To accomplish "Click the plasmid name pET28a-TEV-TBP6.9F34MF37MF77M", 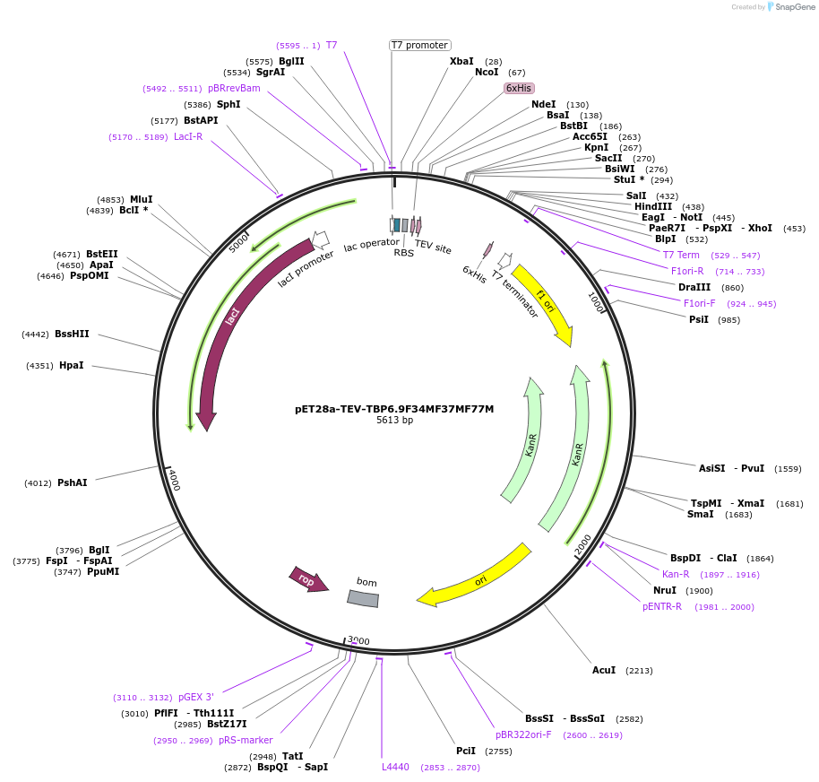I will [394, 408].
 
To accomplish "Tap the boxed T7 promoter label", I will [419, 45].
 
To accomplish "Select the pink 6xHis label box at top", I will [519, 88].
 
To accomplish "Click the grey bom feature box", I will [363, 598].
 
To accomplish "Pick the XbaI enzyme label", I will [461, 61].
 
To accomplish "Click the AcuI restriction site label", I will [604, 670].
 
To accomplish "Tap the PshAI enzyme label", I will [73, 482].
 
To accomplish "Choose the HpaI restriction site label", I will [72, 365].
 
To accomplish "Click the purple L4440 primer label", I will [395, 767].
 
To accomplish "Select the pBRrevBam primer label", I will [234, 88].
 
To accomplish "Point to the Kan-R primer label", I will [676, 574].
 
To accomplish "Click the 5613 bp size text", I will [394, 420].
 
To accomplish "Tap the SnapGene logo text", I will [794, 7].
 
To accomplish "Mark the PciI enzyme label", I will [466, 751].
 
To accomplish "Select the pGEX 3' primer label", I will [195, 697].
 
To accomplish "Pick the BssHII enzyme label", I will [72, 334].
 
